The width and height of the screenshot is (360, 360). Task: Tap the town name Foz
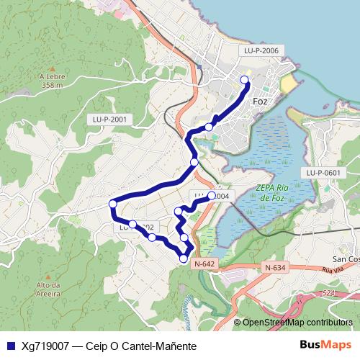[x=260, y=102]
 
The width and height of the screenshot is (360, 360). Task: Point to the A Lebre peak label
[x=53, y=76]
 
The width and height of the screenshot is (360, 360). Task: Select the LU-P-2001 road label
[x=110, y=119]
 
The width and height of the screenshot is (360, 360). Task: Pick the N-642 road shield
[x=204, y=264]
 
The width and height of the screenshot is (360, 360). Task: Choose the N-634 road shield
[x=276, y=269]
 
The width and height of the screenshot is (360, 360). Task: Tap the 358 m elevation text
[x=53, y=85]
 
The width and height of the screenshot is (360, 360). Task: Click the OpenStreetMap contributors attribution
[x=297, y=323]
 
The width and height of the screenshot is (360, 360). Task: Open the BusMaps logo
[x=326, y=345]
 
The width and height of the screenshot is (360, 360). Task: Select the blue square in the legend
[x=10, y=346]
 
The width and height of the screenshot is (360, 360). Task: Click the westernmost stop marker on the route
[x=112, y=204]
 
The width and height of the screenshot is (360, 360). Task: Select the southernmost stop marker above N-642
[x=184, y=258]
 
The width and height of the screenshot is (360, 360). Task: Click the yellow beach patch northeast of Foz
[x=288, y=85]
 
